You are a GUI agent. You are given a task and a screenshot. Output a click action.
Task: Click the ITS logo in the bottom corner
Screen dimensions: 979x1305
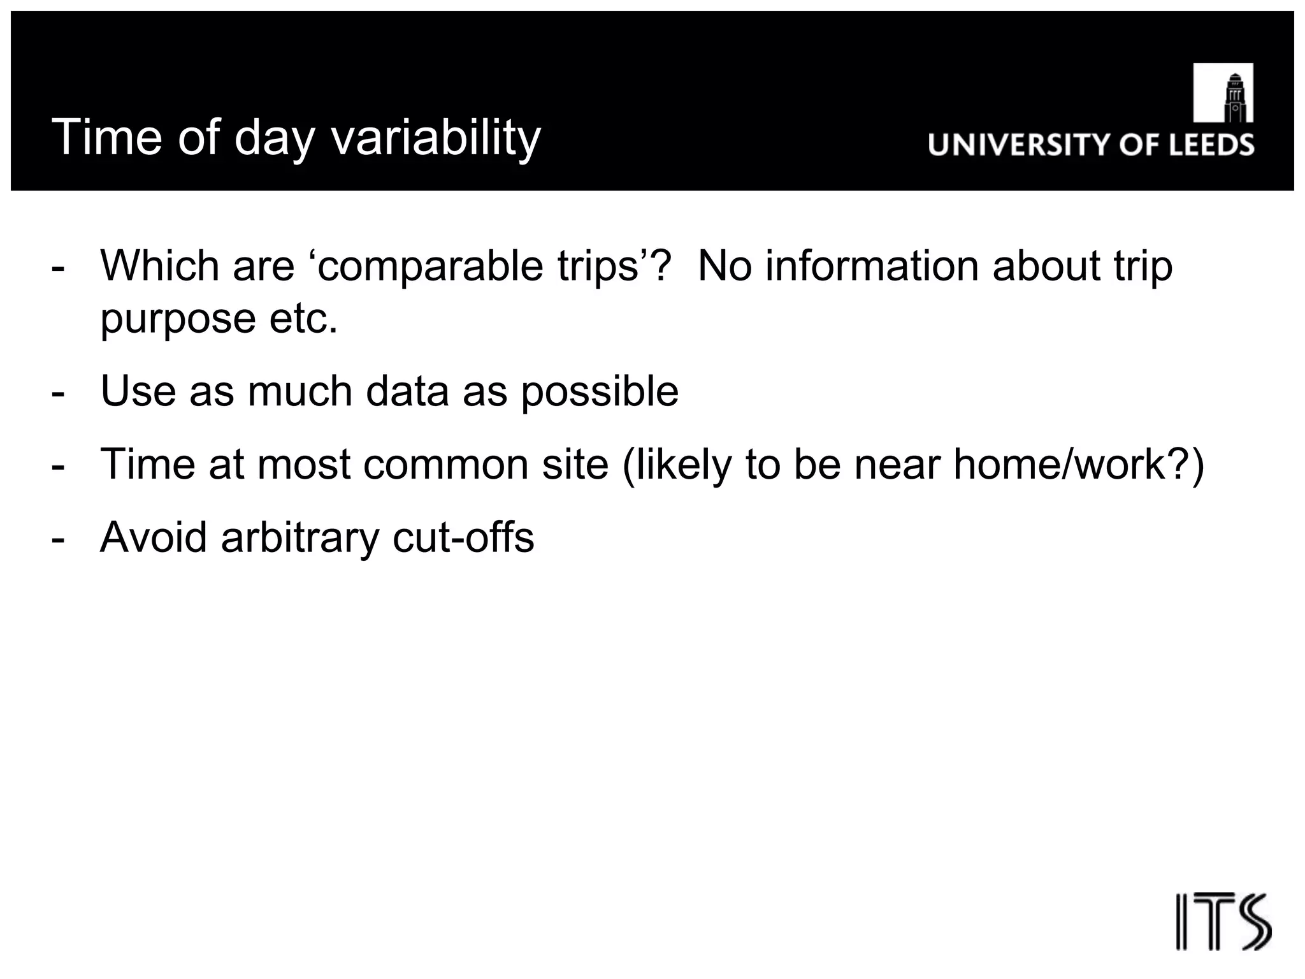coord(1223,922)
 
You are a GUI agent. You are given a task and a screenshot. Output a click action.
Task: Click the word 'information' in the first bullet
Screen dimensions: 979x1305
coord(872,266)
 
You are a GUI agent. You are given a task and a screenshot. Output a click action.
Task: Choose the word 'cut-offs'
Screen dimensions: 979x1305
coord(463,537)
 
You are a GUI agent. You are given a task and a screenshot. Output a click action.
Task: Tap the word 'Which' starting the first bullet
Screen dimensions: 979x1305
coord(159,266)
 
